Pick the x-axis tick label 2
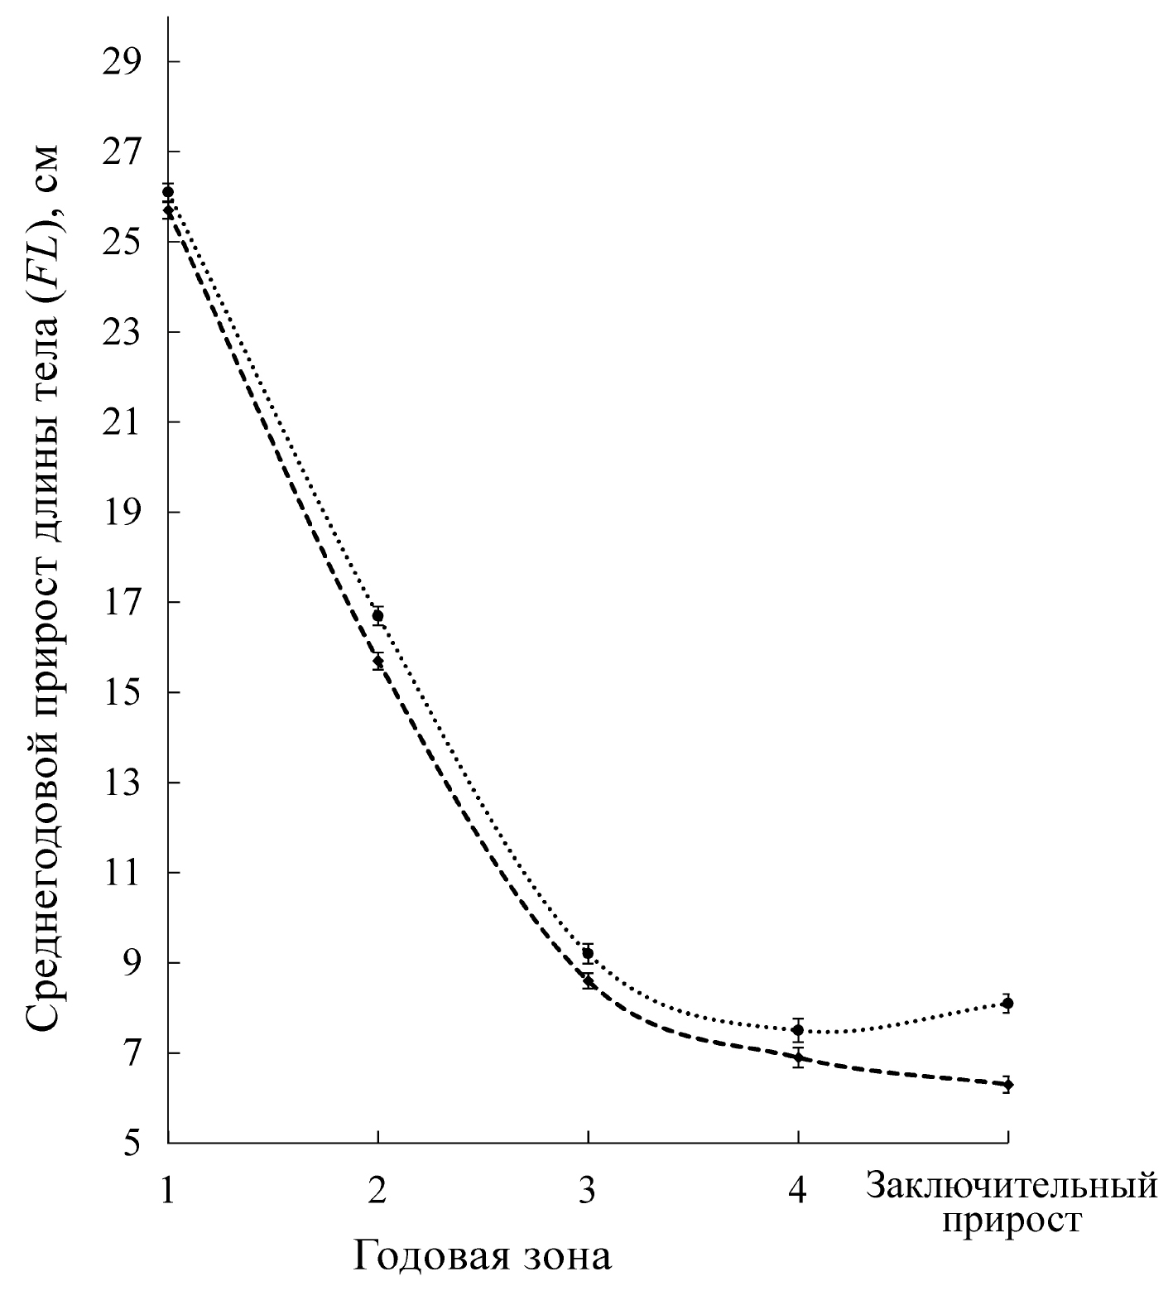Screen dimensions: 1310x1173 pos(378,1190)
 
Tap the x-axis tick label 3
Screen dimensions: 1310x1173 pos(588,1190)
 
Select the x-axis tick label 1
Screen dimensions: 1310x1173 pos(168,1190)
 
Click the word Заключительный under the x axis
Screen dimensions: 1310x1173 pos(1011,1187)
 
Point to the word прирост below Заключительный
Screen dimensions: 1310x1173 pos(1012,1221)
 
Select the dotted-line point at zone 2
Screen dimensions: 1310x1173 pos(378,615)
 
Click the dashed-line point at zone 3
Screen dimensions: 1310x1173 pos(588,982)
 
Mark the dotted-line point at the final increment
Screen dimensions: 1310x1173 pos(1007,1004)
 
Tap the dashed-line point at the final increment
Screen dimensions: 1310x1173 pos(1007,1084)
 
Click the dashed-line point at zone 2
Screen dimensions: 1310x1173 pos(378,661)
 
